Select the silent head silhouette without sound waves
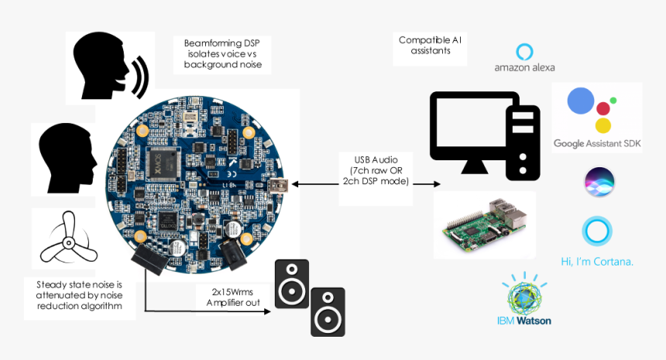click(x=67, y=158)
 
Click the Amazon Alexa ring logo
click(x=524, y=52)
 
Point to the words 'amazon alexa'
click(x=524, y=67)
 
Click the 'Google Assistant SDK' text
click(x=596, y=143)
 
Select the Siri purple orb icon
click(x=599, y=181)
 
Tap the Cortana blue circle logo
click(x=596, y=231)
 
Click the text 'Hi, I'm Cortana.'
click(x=597, y=261)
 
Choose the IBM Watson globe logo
click(x=524, y=294)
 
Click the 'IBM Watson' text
click(x=524, y=320)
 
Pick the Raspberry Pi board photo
click(x=484, y=225)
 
